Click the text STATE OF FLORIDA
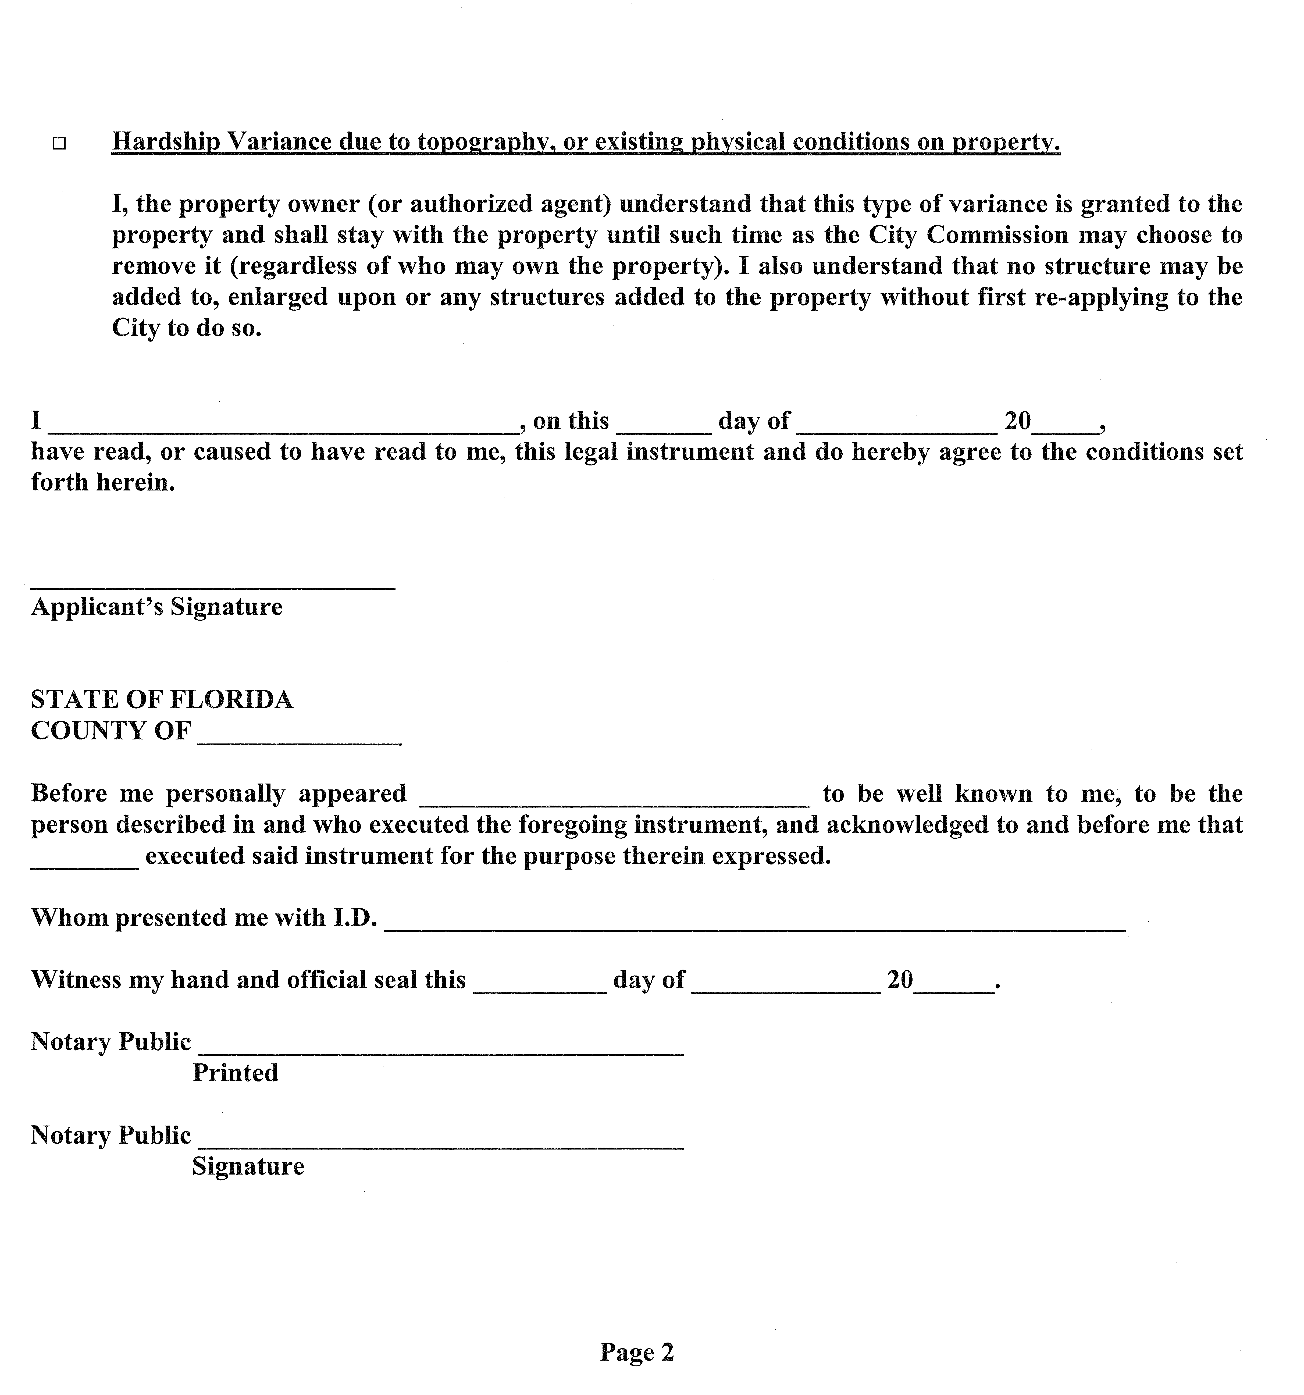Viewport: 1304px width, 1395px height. point(162,700)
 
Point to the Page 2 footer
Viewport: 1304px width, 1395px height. point(637,1351)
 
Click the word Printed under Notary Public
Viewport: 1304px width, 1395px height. point(235,1073)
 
